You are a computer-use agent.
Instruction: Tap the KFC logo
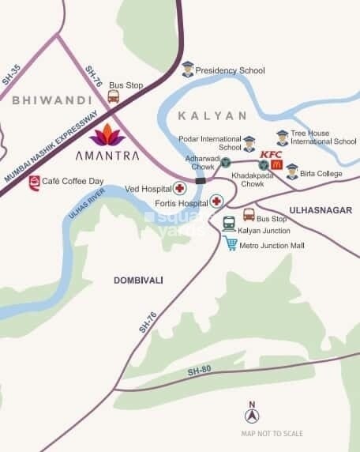272,153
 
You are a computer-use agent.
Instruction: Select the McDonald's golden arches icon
276,165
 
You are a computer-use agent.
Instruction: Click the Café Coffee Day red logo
34,183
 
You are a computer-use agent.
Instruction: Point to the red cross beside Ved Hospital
180,188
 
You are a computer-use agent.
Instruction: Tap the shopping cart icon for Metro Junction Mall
230,243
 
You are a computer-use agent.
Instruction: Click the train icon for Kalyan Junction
228,224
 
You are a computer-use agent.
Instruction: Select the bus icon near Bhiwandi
113,97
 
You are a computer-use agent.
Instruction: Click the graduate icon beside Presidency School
187,69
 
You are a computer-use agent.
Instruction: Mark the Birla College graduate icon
292,171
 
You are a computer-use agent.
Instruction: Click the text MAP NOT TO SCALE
272,434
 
